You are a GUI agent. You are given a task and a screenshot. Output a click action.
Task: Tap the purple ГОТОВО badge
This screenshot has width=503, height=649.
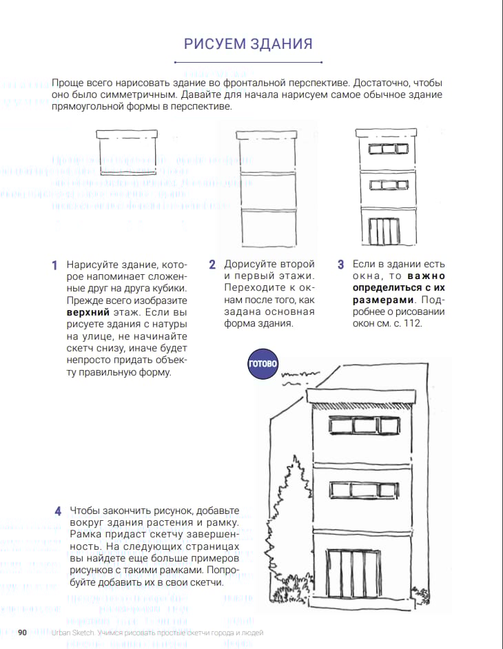[263, 364]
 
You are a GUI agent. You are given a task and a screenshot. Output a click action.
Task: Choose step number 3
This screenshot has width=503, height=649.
[340, 265]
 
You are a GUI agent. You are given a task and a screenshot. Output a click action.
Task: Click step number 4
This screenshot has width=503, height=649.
[58, 511]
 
